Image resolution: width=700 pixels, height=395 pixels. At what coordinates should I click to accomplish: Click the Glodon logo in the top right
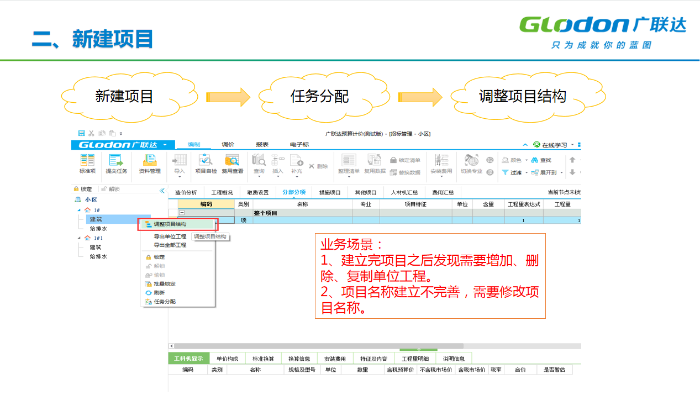click(602, 31)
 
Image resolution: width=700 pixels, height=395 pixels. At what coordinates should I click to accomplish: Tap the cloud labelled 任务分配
click(319, 97)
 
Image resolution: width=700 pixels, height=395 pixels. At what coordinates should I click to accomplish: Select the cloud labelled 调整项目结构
click(522, 97)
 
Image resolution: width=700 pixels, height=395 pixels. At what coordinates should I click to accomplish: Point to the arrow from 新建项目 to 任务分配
click(228, 97)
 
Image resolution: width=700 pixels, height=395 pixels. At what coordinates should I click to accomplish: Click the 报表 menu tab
click(262, 145)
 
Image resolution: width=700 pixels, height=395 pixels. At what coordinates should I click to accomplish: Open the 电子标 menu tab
click(299, 145)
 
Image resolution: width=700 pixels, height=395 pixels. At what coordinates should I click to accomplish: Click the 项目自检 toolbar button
click(206, 164)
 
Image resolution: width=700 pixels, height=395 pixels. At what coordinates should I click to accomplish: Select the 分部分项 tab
click(293, 192)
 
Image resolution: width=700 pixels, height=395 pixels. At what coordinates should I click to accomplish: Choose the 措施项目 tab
click(330, 192)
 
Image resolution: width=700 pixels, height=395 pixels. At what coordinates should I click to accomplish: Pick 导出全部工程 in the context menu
click(170, 245)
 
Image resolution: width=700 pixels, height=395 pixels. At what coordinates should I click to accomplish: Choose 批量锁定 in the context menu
click(164, 284)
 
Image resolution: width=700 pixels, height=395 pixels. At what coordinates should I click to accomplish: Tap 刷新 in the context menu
click(159, 293)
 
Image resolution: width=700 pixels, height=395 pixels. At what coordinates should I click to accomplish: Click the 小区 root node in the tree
click(90, 200)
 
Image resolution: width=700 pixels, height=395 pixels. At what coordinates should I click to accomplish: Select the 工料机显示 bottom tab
click(188, 359)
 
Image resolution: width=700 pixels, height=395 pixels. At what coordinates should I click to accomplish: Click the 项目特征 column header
click(415, 204)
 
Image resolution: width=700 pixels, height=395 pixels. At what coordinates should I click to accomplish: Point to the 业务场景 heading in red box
click(352, 244)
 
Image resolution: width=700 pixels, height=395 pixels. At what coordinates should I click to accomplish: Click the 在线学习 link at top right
click(554, 145)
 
